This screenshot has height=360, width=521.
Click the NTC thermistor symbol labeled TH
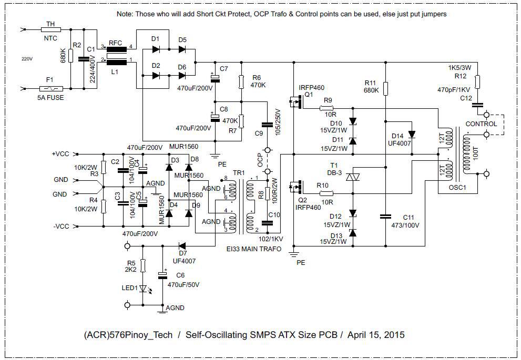[51, 29]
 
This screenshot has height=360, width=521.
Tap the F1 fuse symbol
[51, 89]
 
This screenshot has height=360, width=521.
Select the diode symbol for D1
[156, 49]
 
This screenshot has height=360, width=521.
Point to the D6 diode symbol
[182, 75]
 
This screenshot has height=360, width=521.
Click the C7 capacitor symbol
[216, 78]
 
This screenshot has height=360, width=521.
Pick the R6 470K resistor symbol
[241, 81]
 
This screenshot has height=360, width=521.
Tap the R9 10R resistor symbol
[326, 108]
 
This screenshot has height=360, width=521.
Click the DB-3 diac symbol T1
[353, 177]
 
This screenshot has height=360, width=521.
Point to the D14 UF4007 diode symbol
[412, 134]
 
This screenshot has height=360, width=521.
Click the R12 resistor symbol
[477, 81]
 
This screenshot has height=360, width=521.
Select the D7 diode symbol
[182, 246]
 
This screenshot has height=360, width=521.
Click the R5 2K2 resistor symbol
[143, 265]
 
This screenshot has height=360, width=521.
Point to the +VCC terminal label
[60, 154]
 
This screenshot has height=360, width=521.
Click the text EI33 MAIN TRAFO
[254, 249]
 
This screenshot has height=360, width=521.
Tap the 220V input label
[27, 59]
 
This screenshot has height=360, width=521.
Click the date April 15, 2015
[376, 334]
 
